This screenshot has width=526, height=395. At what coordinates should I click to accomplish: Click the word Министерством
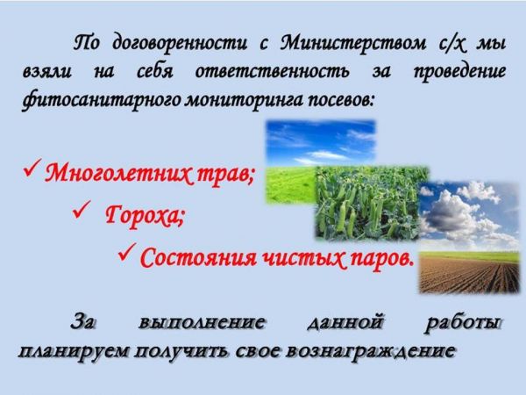pyautogui.click(x=353, y=44)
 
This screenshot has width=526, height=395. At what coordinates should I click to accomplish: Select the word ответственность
pyautogui.click(x=272, y=72)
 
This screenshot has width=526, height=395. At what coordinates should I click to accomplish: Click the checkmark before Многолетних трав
pyautogui.click(x=32, y=168)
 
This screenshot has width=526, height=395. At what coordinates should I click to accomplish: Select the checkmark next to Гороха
pyautogui.click(x=82, y=210)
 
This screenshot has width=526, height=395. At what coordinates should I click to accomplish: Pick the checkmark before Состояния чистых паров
pyautogui.click(x=127, y=252)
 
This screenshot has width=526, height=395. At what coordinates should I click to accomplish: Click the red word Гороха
pyautogui.click(x=145, y=215)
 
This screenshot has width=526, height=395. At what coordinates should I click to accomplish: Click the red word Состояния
pyautogui.click(x=199, y=257)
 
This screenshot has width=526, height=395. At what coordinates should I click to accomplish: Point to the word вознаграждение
pyautogui.click(x=372, y=351)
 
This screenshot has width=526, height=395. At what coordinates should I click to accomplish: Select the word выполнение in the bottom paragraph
pyautogui.click(x=202, y=322)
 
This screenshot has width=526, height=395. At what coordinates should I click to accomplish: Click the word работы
pyautogui.click(x=463, y=323)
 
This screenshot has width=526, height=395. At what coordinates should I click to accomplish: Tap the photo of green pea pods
pyautogui.click(x=367, y=204)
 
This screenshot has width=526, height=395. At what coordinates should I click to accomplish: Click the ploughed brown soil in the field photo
pyautogui.click(x=469, y=275)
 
